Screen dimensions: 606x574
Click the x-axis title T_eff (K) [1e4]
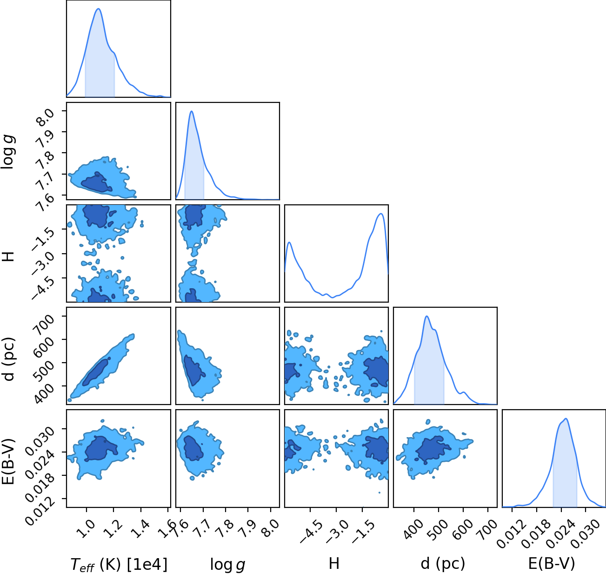(x=119, y=564)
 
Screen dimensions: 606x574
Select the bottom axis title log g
(x=227, y=565)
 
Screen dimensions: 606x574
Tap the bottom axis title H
(x=334, y=563)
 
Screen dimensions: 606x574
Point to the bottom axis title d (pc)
(x=443, y=563)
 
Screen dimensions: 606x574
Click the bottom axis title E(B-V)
(x=552, y=563)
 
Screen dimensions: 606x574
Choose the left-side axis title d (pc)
(x=10, y=359)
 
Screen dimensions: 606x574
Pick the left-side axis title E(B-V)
(x=10, y=461)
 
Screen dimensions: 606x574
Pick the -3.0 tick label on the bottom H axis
(x=336, y=531)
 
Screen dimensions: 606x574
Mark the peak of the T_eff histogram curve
(x=98, y=9)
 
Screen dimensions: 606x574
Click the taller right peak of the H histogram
(x=381, y=214)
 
